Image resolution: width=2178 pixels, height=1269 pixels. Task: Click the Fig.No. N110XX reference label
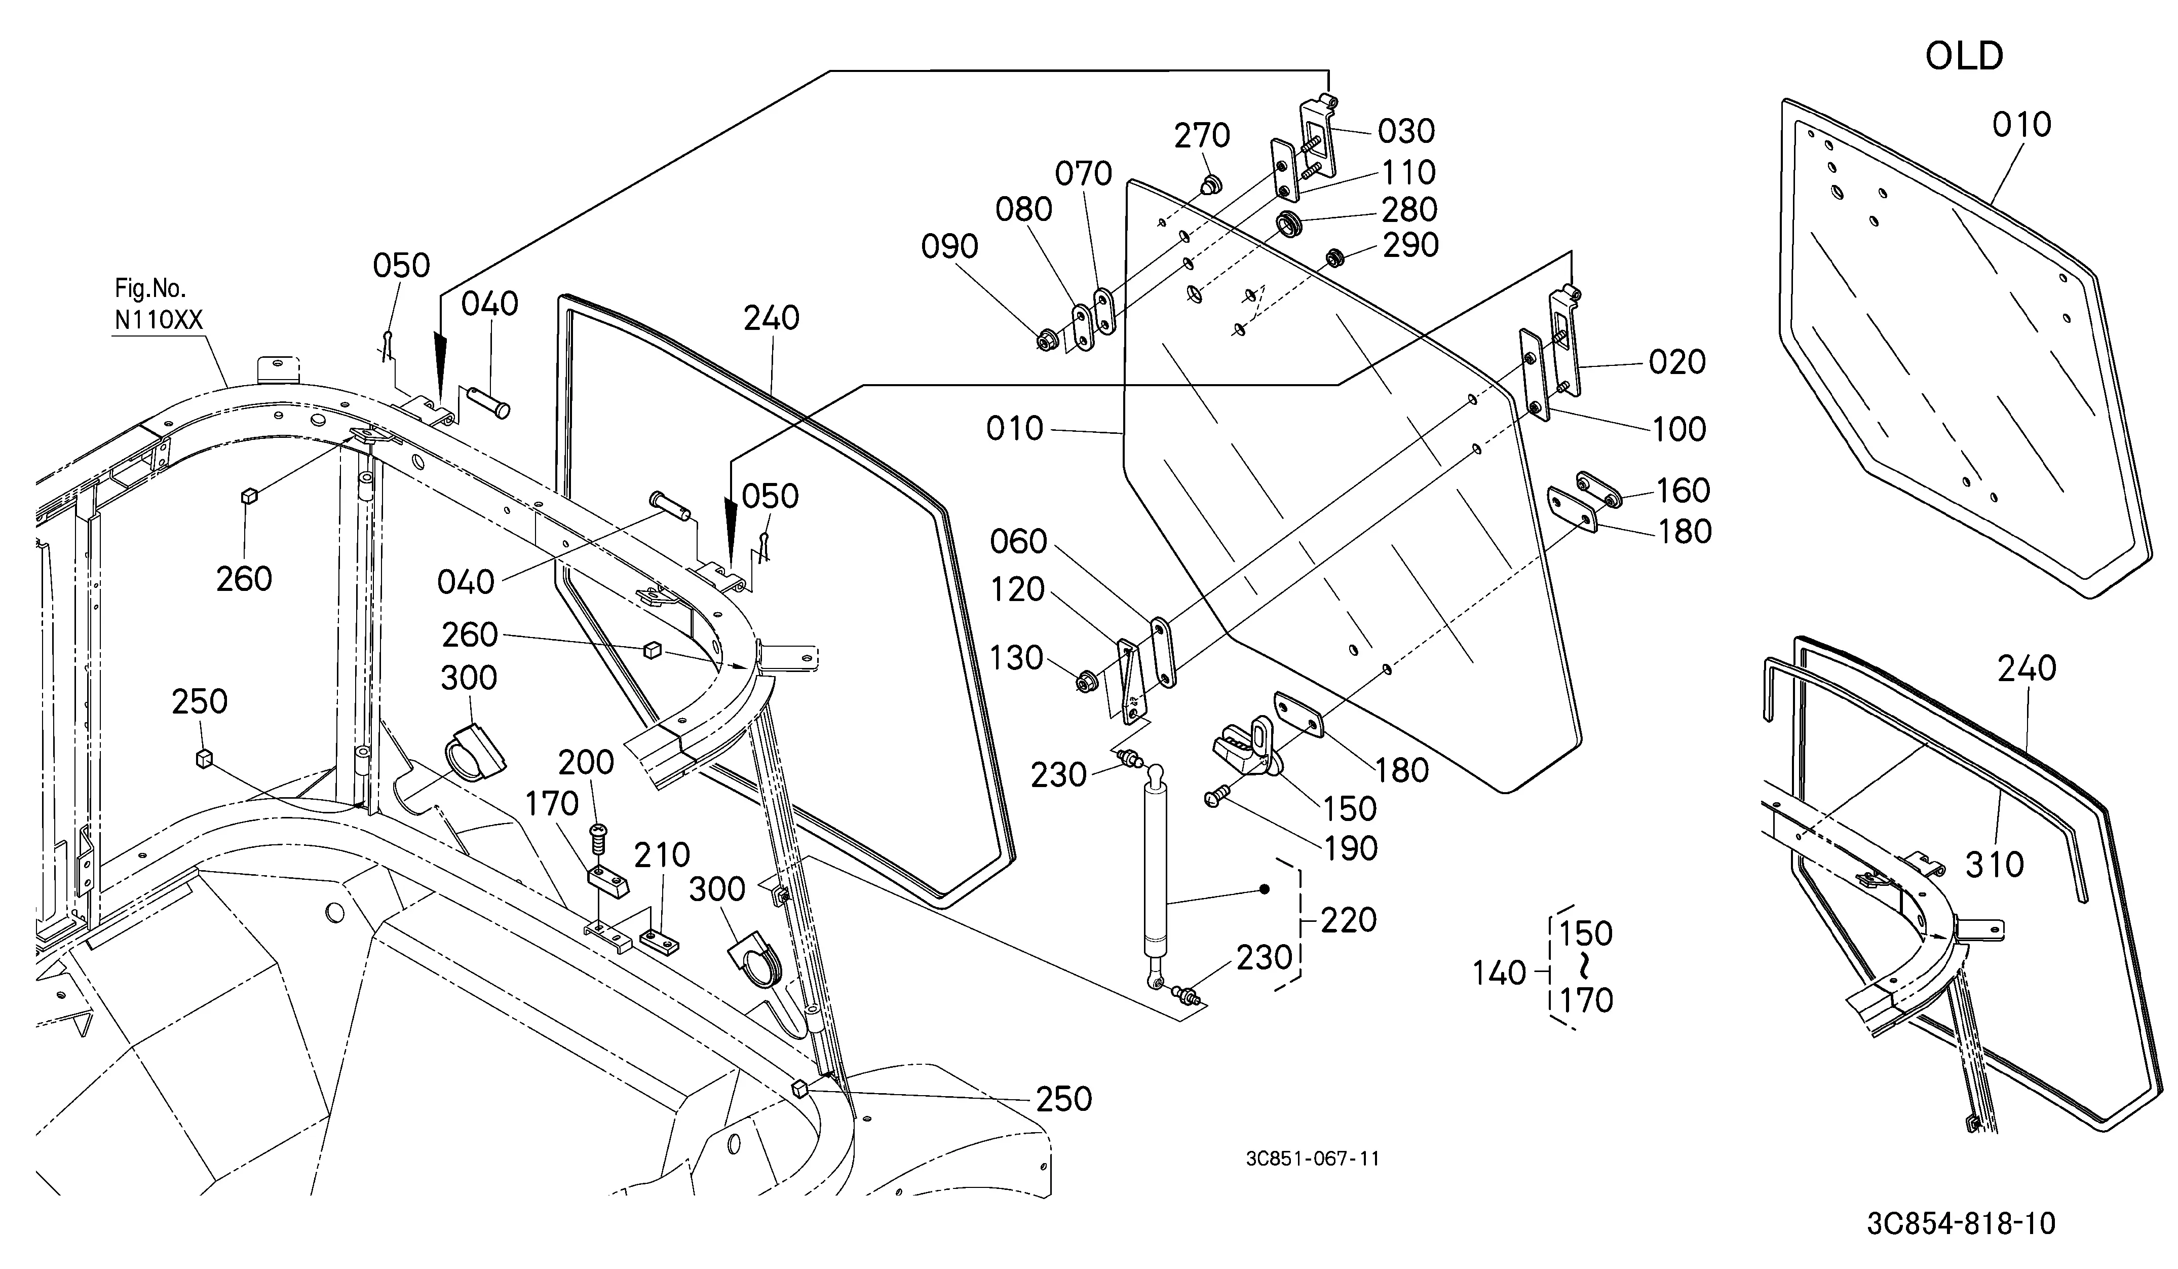(158, 304)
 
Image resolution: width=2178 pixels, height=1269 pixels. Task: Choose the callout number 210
(662, 855)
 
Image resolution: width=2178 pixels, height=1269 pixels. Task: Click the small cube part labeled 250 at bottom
(799, 1088)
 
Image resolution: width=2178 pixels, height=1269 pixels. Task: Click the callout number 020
(1677, 362)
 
